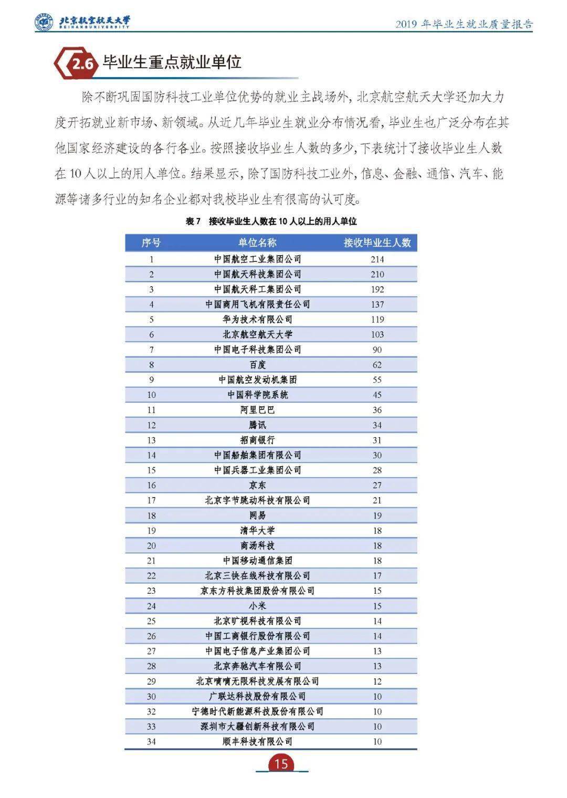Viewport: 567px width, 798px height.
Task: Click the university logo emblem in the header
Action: click(x=44, y=22)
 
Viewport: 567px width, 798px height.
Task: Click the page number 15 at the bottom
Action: click(x=281, y=763)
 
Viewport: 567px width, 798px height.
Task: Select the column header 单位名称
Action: click(x=257, y=242)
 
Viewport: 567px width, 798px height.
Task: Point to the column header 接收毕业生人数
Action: click(x=377, y=242)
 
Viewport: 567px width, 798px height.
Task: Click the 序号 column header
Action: click(x=151, y=242)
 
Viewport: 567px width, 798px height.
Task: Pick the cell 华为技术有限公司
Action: click(x=257, y=319)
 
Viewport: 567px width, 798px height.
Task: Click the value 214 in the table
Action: click(x=377, y=259)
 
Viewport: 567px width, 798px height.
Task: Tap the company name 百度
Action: click(x=257, y=364)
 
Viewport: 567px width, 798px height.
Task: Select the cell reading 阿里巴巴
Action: click(x=257, y=409)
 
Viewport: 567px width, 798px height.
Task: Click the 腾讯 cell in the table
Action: click(x=257, y=425)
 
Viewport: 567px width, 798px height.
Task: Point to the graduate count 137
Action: click(x=377, y=304)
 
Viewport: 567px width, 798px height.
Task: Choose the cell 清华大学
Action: click(x=257, y=530)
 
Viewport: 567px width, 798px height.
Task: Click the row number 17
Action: click(x=151, y=500)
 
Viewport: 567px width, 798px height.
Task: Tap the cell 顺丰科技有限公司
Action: click(x=257, y=741)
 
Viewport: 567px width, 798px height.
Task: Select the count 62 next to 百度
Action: click(x=377, y=364)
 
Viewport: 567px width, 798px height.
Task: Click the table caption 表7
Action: click(x=194, y=221)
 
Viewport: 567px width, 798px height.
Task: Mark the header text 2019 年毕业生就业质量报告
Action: click(x=464, y=24)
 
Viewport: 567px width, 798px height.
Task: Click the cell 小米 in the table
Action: click(x=257, y=606)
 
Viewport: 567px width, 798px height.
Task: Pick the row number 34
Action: click(x=151, y=741)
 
